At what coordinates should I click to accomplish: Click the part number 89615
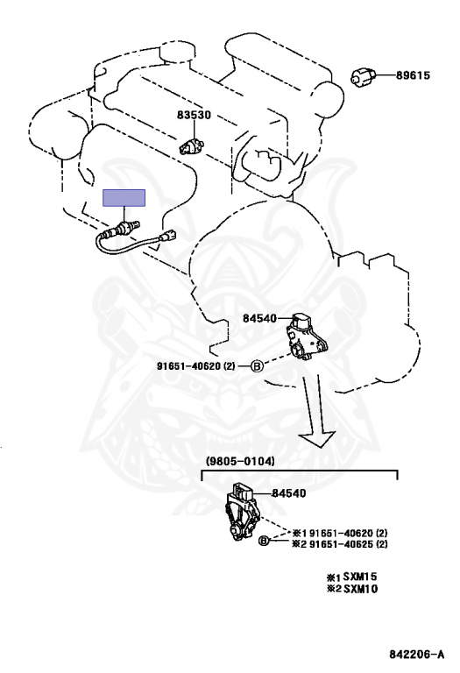[x=413, y=75]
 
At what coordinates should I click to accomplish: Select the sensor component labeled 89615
[x=363, y=77]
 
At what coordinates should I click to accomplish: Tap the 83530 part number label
[x=194, y=115]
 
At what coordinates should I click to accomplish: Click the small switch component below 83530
[x=190, y=146]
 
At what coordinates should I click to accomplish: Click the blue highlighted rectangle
[x=124, y=198]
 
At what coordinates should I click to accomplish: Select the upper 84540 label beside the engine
[x=259, y=318]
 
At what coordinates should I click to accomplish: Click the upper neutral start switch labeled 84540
[x=306, y=336]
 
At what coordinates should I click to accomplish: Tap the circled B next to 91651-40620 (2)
[x=256, y=366]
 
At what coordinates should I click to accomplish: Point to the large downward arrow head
[x=316, y=439]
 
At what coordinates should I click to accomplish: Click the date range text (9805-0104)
[x=240, y=462]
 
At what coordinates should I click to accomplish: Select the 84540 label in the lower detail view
[x=289, y=493]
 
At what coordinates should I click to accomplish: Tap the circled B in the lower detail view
[x=264, y=541]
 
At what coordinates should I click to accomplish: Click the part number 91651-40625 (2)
[x=349, y=544]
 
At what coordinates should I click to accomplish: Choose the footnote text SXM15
[x=360, y=577]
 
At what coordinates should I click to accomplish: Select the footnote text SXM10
[x=360, y=589]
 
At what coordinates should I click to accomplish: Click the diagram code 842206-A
[x=417, y=655]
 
